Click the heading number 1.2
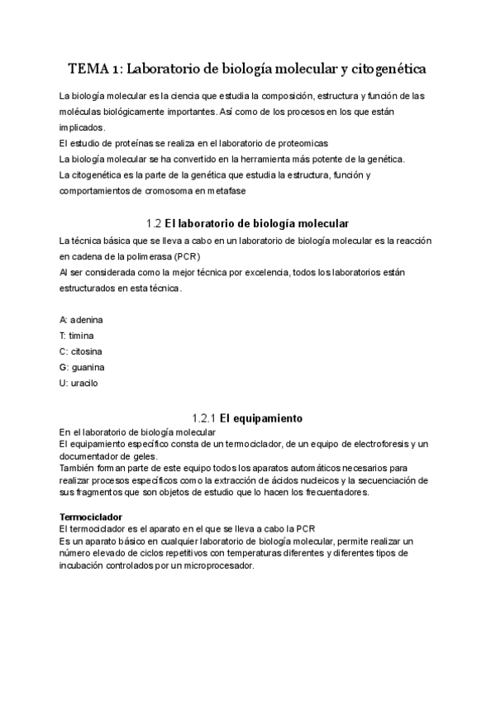152,224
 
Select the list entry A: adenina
82,319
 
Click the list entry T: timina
77,335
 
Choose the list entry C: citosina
80,350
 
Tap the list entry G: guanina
82,366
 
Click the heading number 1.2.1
206,418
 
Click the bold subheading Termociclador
92,517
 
